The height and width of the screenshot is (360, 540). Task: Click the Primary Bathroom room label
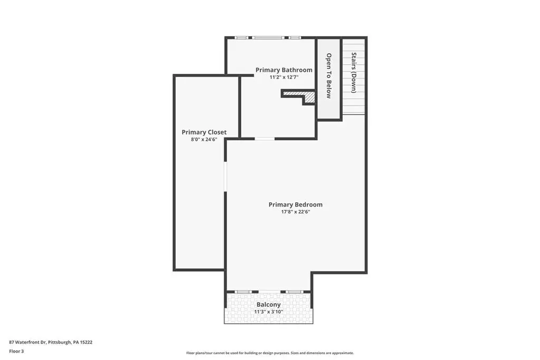[284, 70]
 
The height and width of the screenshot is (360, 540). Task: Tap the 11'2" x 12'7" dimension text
[284, 77]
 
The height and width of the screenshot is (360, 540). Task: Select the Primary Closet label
[204, 132]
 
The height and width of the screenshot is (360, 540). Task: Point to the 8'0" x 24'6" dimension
[204, 139]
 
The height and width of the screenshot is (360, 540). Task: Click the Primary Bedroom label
[295, 205]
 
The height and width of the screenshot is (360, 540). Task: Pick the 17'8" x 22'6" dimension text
[295, 212]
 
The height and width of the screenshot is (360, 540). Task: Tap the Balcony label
[268, 305]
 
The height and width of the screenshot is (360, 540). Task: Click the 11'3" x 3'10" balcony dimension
[268, 312]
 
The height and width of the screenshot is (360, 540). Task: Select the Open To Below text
[329, 76]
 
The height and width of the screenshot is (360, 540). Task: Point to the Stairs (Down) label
[354, 73]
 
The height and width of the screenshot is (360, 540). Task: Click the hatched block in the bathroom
[308, 97]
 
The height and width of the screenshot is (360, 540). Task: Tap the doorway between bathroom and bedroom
[265, 139]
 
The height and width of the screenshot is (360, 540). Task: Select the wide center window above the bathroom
[268, 37]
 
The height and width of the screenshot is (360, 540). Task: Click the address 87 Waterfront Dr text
[27, 342]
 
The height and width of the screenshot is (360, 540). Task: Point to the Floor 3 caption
[16, 352]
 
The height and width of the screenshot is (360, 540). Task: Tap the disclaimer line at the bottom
[270, 353]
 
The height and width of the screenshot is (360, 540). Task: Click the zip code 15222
[86, 342]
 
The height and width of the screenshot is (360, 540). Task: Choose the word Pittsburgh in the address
[60, 342]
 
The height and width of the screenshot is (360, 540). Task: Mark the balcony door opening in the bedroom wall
[269, 292]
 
